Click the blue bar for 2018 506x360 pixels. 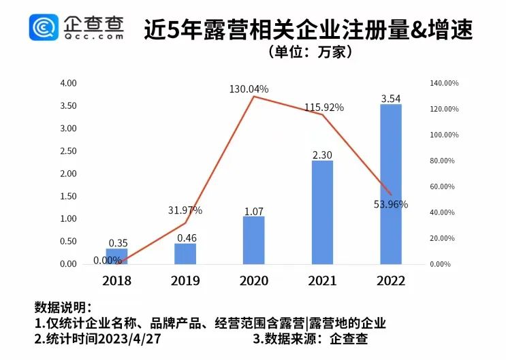click(x=116, y=256)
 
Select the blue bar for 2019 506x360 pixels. click(x=185, y=253)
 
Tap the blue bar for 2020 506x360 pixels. click(x=253, y=240)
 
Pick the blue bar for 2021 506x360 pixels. click(x=321, y=212)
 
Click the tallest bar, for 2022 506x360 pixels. click(x=390, y=184)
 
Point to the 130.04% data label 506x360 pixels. click(x=249, y=89)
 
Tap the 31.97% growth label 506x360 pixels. click(x=185, y=210)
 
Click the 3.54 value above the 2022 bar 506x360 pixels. click(x=390, y=99)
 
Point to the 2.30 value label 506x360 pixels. click(x=322, y=154)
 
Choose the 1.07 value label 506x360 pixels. click(x=253, y=211)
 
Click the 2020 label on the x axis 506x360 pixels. click(x=253, y=281)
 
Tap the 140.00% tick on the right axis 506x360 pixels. click(x=445, y=83)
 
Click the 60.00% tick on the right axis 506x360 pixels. click(x=443, y=186)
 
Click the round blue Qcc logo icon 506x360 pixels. click(x=44, y=28)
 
